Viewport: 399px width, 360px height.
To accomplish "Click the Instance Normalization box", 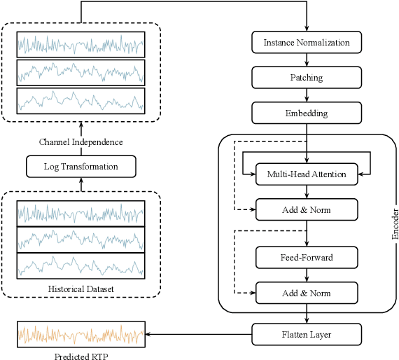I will [x=306, y=43].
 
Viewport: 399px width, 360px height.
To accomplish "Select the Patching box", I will [x=306, y=77].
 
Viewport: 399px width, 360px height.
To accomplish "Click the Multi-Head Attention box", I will [x=306, y=174].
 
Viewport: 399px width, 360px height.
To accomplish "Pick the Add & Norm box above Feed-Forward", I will [x=306, y=209].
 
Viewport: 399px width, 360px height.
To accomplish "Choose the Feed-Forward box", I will [x=306, y=258].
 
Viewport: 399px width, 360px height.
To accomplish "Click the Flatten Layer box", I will [x=306, y=334].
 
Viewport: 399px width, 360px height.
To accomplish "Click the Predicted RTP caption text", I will [x=80, y=355].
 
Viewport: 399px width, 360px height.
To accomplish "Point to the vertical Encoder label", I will [x=394, y=223].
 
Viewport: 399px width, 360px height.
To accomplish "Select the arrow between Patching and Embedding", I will [x=306, y=95].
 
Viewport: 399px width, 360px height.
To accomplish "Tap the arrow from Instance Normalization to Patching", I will [x=306, y=60].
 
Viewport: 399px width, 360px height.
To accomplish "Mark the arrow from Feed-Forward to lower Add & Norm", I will [x=306, y=275].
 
